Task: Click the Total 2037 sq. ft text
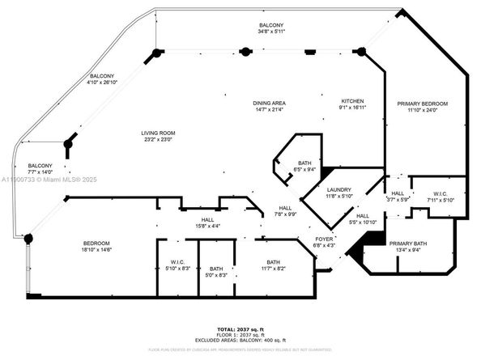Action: (240, 328)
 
